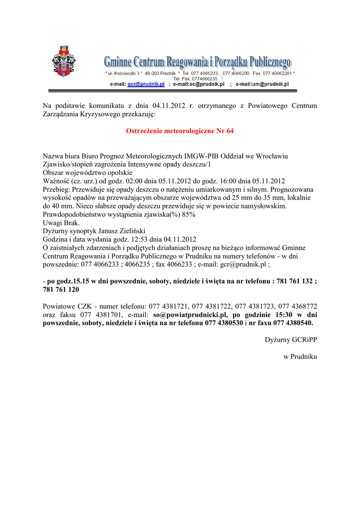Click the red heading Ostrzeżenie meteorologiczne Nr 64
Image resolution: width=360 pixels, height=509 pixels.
[180, 131]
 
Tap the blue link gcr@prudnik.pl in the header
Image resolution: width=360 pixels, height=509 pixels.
[146, 85]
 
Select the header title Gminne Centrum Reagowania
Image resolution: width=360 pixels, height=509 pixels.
[197, 62]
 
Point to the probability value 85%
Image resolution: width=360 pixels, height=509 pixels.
[188, 214]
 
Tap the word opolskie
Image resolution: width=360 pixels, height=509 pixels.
[117, 173]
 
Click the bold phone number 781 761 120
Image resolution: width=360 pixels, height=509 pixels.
[61, 290]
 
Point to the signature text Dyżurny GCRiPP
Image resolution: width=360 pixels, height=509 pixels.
[290, 340]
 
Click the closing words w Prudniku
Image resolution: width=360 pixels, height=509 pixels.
[300, 357]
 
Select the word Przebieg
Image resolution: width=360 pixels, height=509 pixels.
[56, 190]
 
